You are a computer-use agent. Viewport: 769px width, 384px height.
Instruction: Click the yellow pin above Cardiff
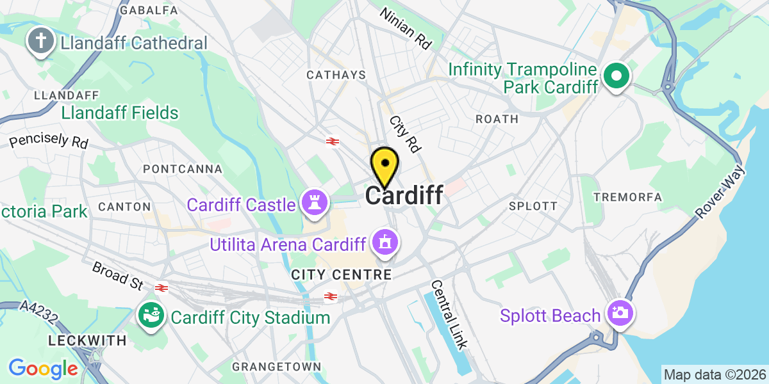click(384, 165)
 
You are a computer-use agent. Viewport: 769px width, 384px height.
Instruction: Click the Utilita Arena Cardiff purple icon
click(384, 243)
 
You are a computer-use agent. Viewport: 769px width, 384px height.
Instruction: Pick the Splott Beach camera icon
click(620, 313)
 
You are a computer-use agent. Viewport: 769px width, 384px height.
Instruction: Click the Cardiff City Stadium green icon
click(151, 316)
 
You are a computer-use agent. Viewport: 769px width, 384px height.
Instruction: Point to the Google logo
click(43, 369)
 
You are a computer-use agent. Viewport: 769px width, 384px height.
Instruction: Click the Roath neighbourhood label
click(497, 119)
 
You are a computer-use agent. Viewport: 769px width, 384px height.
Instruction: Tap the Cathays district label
click(336, 76)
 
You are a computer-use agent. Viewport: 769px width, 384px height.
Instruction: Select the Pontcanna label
click(183, 169)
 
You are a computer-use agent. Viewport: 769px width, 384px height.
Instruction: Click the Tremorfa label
click(627, 197)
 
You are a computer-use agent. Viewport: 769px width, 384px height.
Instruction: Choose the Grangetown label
click(276, 367)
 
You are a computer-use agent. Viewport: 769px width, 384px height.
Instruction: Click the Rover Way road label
click(720, 191)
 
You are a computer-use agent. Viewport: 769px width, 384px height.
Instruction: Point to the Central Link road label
click(448, 314)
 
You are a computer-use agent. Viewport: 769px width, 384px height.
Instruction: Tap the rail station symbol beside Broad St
click(160, 288)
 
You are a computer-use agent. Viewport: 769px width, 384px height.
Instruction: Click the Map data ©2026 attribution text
click(714, 374)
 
